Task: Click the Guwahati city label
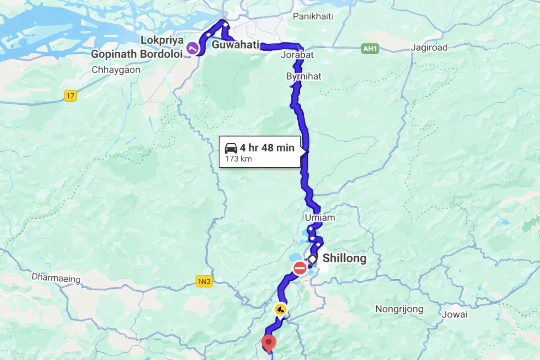(x=235, y=44)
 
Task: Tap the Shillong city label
(x=344, y=258)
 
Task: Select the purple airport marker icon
(x=192, y=48)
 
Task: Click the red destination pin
(x=269, y=343)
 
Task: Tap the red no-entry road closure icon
(x=300, y=268)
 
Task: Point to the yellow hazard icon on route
(x=280, y=309)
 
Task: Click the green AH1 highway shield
(x=370, y=49)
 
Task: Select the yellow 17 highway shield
(x=70, y=96)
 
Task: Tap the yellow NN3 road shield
(x=204, y=281)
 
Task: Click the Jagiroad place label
(x=429, y=48)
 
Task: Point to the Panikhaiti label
(x=313, y=16)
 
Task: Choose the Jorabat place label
(x=297, y=55)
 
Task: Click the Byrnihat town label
(x=304, y=76)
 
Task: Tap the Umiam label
(x=320, y=218)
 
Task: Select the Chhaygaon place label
(x=116, y=70)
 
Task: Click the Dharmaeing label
(x=56, y=278)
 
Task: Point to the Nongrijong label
(x=399, y=309)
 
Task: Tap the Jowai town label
(x=455, y=314)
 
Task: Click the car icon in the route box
(x=231, y=148)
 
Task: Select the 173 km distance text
(x=239, y=159)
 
